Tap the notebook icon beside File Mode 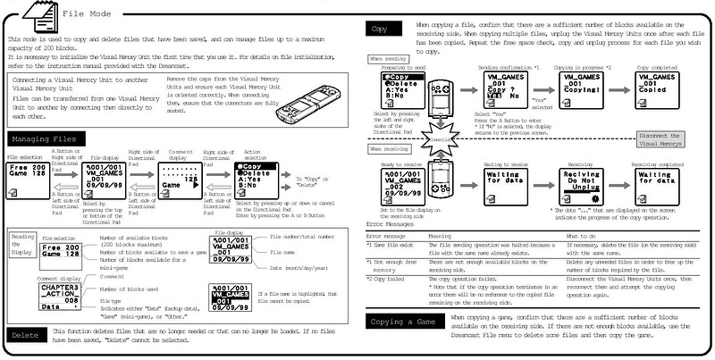point(37,14)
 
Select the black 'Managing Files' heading point(42,139)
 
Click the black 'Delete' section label point(25,335)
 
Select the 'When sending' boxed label point(386,58)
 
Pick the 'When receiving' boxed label point(389,149)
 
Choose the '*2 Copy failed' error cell point(390,278)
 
